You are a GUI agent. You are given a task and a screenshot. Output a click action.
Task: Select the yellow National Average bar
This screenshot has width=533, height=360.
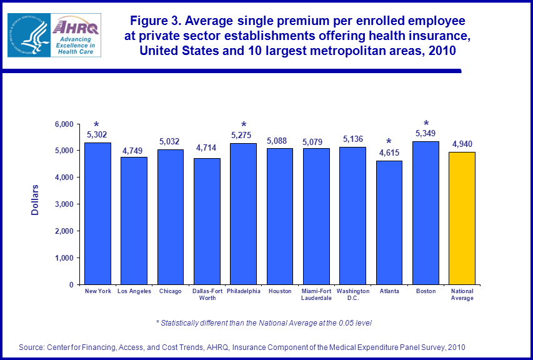coord(462,218)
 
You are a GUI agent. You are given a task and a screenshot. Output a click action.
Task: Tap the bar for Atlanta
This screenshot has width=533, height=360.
coord(389,222)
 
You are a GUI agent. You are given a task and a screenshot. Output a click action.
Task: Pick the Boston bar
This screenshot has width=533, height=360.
coord(426,212)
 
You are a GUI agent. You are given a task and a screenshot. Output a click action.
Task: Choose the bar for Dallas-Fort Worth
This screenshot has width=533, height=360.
coord(207,221)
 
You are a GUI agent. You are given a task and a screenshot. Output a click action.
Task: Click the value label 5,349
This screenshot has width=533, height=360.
coord(425,133)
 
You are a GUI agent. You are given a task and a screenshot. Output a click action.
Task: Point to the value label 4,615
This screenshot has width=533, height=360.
coord(389,152)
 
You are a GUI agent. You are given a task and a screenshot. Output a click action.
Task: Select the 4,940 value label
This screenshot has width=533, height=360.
coord(462,144)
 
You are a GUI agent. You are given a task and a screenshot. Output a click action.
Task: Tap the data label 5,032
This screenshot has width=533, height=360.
coord(170,141)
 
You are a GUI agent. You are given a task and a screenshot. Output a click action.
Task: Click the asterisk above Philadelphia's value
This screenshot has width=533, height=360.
coord(244,125)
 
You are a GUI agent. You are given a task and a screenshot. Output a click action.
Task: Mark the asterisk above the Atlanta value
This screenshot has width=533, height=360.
coord(389,142)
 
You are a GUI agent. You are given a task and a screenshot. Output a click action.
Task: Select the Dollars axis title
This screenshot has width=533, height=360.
coord(35,200)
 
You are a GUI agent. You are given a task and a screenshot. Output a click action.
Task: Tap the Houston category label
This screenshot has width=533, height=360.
coord(279,291)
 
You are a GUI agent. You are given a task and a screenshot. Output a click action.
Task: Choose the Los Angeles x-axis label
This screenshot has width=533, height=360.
coord(134,291)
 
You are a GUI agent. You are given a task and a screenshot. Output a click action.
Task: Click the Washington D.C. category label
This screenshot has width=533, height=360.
coord(352,294)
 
